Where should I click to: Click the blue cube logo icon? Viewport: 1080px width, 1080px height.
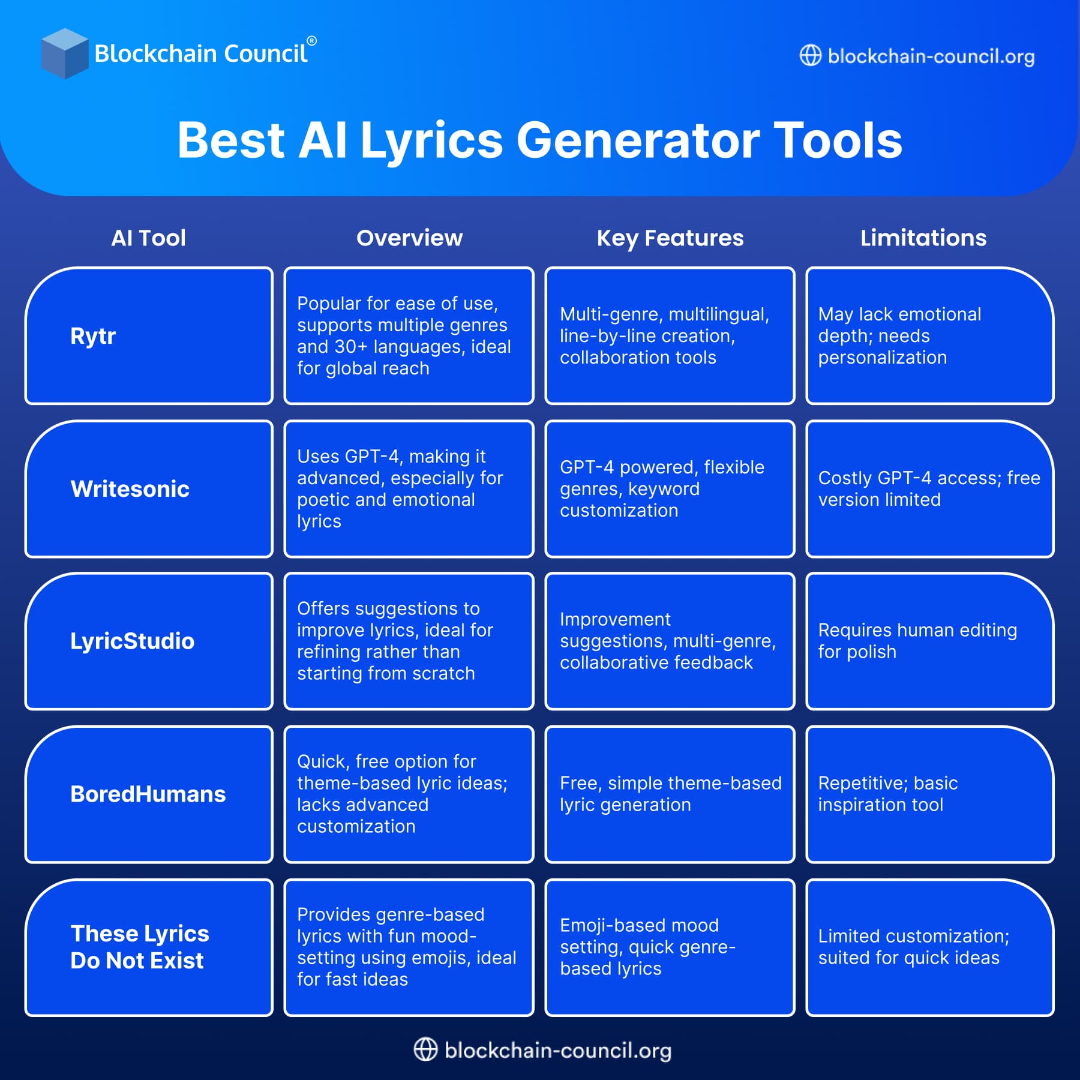64,53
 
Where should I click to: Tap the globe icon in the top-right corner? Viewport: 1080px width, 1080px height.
810,56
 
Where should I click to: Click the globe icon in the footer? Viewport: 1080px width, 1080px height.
425,1049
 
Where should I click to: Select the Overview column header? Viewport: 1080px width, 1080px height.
409,238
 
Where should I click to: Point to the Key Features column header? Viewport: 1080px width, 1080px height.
670,238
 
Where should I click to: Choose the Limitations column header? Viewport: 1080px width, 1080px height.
923,238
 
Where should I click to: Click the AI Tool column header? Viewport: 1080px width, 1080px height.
148,238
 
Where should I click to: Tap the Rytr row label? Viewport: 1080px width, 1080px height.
93,336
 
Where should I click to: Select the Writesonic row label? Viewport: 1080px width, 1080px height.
130,489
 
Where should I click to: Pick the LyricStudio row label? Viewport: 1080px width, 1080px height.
132,641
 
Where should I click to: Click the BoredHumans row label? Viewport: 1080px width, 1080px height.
148,794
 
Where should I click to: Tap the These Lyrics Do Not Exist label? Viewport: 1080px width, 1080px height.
140,947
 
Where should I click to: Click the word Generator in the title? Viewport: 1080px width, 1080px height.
637,141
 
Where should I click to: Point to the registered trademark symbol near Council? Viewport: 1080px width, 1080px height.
311,41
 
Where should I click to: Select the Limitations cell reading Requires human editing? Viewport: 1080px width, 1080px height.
929,641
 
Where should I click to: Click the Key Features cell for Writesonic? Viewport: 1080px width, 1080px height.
670,489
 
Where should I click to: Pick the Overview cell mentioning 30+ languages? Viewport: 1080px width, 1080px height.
409,336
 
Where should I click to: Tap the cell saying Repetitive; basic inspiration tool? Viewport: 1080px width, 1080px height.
929,794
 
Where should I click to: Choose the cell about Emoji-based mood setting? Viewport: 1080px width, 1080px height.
670,947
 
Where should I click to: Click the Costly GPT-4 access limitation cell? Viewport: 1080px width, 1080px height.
929,489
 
